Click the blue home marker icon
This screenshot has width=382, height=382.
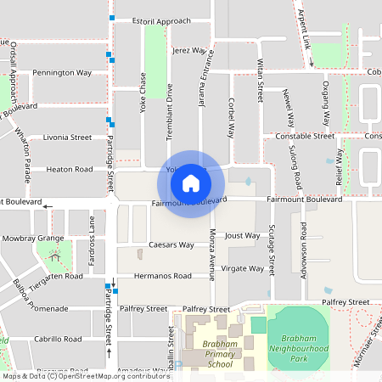(x=191, y=183)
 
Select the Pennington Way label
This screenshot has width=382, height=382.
(x=62, y=73)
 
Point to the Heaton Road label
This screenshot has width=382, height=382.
(x=70, y=169)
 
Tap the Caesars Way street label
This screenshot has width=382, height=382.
(x=172, y=244)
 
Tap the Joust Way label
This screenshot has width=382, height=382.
(x=242, y=235)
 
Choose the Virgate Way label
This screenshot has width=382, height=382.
(x=242, y=268)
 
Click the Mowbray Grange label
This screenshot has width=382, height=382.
(x=32, y=239)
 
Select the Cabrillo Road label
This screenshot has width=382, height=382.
(x=57, y=339)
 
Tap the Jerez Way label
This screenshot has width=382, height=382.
(x=188, y=50)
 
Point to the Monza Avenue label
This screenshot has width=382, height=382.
(x=213, y=253)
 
